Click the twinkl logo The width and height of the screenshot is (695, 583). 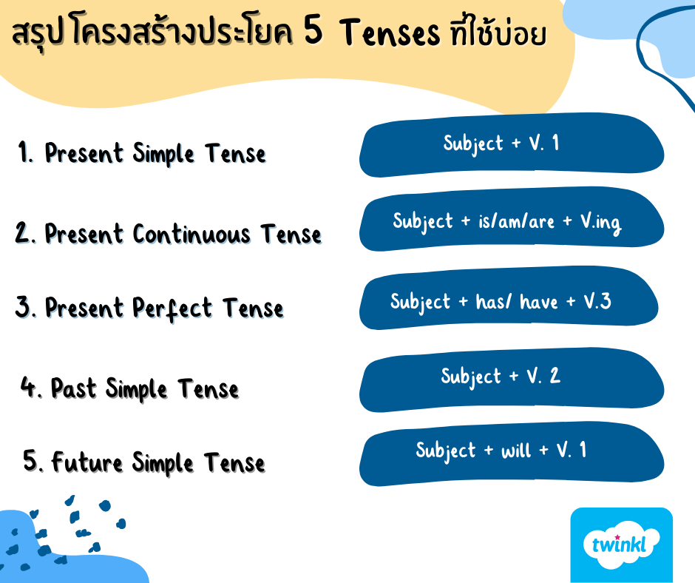(x=621, y=545)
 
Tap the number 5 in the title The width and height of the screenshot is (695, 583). (x=313, y=31)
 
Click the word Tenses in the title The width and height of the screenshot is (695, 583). (x=390, y=33)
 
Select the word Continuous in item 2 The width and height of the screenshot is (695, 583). (x=191, y=234)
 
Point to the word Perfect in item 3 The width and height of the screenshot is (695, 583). (x=172, y=309)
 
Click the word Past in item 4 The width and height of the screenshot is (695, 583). (x=74, y=388)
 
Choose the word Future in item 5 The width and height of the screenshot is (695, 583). (x=87, y=462)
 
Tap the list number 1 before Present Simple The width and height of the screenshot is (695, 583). (x=25, y=152)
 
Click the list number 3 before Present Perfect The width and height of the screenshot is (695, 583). (x=24, y=306)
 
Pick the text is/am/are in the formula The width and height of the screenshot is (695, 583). (x=516, y=221)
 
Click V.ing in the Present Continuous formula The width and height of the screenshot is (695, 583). (x=601, y=223)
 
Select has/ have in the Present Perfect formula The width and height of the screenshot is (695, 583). (x=517, y=302)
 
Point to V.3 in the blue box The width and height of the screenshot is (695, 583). (x=597, y=301)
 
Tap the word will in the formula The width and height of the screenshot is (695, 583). (x=516, y=451)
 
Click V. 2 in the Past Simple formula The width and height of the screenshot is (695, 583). (x=543, y=376)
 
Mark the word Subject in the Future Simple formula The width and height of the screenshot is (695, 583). (x=446, y=451)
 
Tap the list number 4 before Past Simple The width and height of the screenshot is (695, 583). (x=31, y=387)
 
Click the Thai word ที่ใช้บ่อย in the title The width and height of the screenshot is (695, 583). (x=498, y=32)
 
